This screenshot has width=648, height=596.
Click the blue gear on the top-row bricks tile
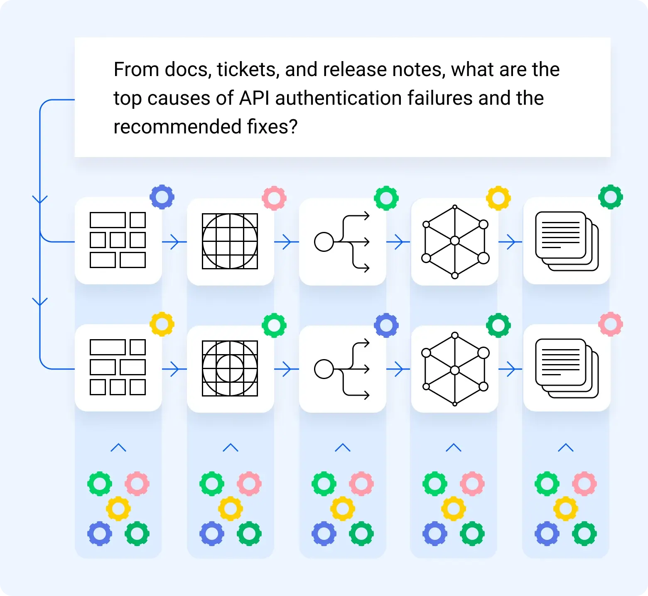pyautogui.click(x=162, y=197)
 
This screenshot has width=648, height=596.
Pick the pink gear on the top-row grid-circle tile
pyautogui.click(x=274, y=198)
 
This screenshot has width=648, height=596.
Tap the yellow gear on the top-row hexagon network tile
pyautogui.click(x=498, y=198)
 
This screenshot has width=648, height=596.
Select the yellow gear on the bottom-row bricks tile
pyautogui.click(x=162, y=324)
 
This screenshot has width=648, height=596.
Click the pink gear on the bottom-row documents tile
pyautogui.click(x=611, y=324)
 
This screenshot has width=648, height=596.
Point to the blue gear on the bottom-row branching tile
pyautogui.click(x=386, y=325)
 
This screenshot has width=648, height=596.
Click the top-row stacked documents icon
pyautogui.click(x=567, y=241)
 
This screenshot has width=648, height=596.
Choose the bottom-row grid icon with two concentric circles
pyautogui.click(x=230, y=368)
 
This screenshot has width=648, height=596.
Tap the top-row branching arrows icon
pyautogui.click(x=342, y=241)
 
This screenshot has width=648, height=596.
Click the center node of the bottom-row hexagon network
pyautogui.click(x=455, y=370)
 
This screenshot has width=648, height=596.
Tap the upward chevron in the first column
pyautogui.click(x=118, y=448)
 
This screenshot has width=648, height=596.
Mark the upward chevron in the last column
pyautogui.click(x=566, y=448)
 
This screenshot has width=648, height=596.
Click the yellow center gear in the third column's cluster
pyautogui.click(x=343, y=508)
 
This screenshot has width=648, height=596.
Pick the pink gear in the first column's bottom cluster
pyautogui.click(x=137, y=483)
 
